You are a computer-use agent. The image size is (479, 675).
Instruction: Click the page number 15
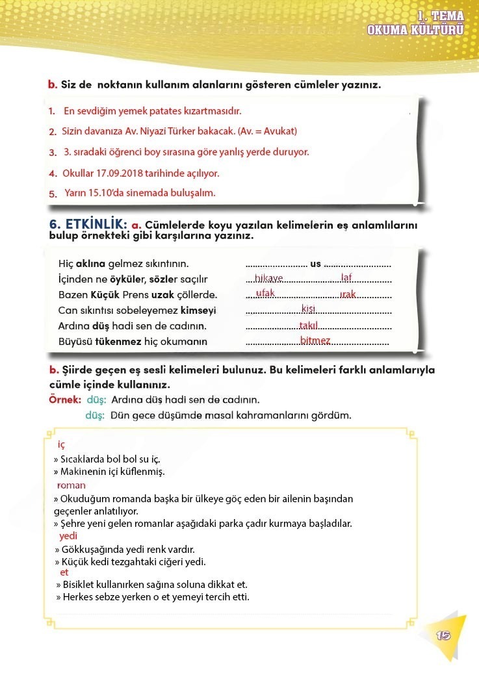pyautogui.click(x=444, y=635)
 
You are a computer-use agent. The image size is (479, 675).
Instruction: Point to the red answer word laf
pyautogui.click(x=346, y=278)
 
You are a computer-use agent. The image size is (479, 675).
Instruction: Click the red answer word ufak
pyautogui.click(x=265, y=293)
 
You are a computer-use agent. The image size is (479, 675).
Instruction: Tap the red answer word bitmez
pyautogui.click(x=316, y=340)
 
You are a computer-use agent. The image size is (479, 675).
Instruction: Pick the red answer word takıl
pyautogui.click(x=309, y=325)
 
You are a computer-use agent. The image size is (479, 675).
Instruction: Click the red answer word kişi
pyautogui.click(x=309, y=309)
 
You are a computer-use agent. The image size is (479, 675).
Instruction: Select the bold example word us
pyautogui.click(x=316, y=263)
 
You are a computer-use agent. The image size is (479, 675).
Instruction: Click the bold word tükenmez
pyautogui.click(x=118, y=341)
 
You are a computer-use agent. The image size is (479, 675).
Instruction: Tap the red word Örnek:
pyautogui.click(x=65, y=399)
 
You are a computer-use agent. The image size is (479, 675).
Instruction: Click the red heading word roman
pyautogui.click(x=71, y=485)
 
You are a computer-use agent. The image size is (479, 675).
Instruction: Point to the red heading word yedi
pyautogui.click(x=68, y=536)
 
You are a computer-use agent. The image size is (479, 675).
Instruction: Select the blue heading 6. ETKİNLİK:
pyautogui.click(x=88, y=224)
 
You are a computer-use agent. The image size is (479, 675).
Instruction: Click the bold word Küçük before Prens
pyautogui.click(x=93, y=294)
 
